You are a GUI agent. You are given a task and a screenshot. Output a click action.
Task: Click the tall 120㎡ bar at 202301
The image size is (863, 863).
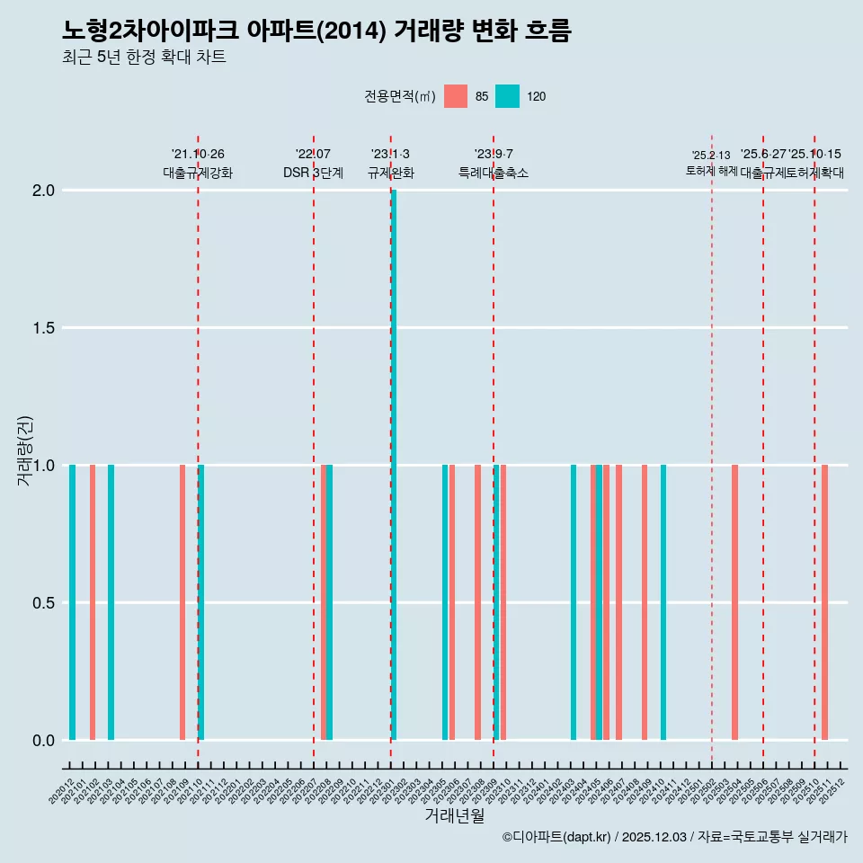(x=394, y=465)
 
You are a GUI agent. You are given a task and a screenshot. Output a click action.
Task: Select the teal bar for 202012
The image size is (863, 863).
(x=72, y=602)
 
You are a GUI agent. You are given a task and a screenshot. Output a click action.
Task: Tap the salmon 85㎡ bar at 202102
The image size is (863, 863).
(x=93, y=602)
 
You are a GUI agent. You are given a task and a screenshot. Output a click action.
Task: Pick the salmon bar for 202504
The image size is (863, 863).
(x=734, y=602)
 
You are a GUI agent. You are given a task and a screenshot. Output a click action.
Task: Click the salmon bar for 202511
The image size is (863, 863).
(x=824, y=602)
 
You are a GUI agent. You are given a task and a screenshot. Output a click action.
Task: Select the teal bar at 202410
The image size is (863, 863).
(x=663, y=602)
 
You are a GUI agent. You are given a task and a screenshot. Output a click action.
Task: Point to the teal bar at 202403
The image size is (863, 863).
(x=574, y=602)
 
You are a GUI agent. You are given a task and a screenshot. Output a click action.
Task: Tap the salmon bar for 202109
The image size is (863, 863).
(x=182, y=602)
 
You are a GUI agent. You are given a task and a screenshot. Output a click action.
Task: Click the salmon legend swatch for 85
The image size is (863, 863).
(x=456, y=96)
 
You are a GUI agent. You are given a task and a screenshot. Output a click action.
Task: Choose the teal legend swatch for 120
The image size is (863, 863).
(x=507, y=96)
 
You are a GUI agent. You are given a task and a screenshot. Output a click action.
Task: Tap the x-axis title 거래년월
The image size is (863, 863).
(x=454, y=816)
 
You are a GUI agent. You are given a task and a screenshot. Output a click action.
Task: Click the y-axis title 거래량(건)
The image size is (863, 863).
(x=25, y=450)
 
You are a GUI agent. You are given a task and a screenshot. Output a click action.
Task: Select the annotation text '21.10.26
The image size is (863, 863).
(x=198, y=155)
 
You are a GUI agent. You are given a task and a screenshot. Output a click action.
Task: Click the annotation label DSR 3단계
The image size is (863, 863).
(x=313, y=173)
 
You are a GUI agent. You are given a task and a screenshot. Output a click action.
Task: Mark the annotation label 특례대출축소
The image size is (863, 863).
(x=494, y=173)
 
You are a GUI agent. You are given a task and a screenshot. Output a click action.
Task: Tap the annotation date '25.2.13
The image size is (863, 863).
(x=711, y=156)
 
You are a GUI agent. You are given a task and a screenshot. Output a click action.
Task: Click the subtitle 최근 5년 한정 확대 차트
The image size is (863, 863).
(x=144, y=58)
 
